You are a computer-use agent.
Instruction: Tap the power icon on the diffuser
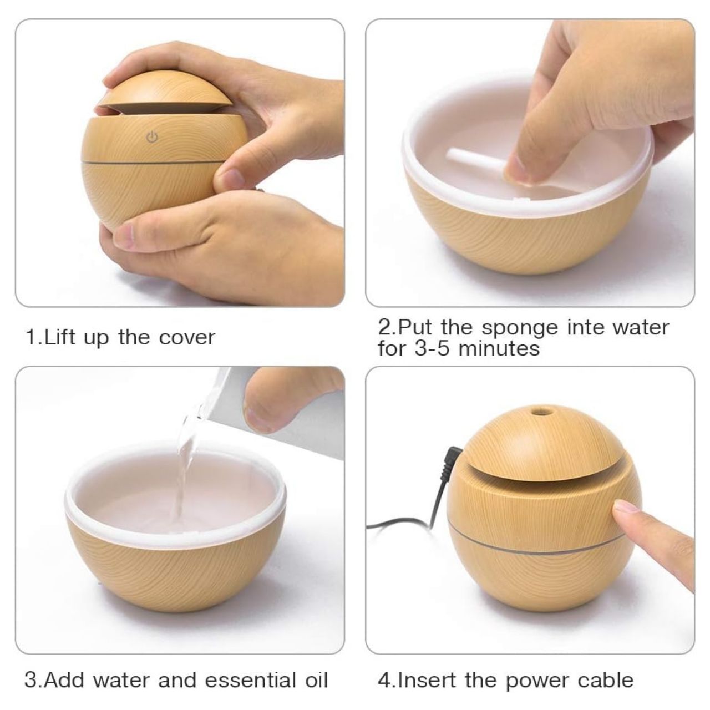point(152,138)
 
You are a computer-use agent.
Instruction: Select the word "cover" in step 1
point(187,338)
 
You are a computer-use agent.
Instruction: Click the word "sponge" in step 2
point(520,328)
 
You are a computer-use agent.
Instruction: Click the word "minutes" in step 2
point(499,348)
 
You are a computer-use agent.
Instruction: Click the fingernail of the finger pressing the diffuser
point(625,507)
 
